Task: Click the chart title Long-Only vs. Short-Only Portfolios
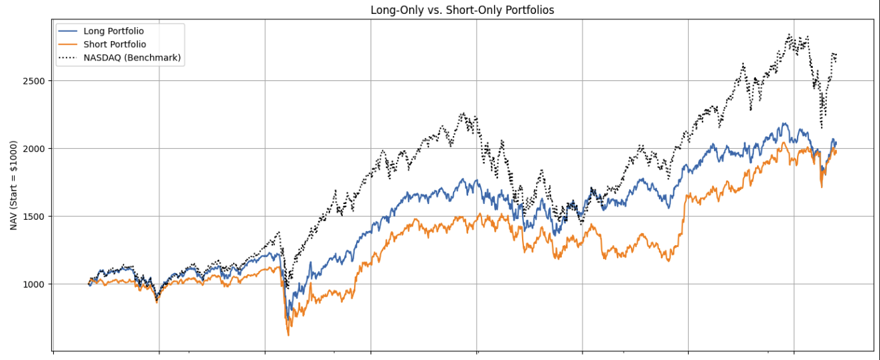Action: pyautogui.click(x=462, y=10)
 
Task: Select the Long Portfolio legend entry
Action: pyautogui.click(x=114, y=31)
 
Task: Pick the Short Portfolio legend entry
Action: pyautogui.click(x=114, y=45)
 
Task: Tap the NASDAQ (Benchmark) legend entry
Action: pyautogui.click(x=132, y=58)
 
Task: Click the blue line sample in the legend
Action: pyautogui.click(x=67, y=31)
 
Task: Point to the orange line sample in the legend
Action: pyautogui.click(x=67, y=45)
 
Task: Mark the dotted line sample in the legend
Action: pyautogui.click(x=67, y=58)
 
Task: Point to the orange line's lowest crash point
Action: pyautogui.click(x=288, y=335)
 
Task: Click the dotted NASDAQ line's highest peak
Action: pyautogui.click(x=789, y=35)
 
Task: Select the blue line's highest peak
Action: pyautogui.click(x=785, y=124)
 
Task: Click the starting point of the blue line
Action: pyautogui.click(x=88, y=284)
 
